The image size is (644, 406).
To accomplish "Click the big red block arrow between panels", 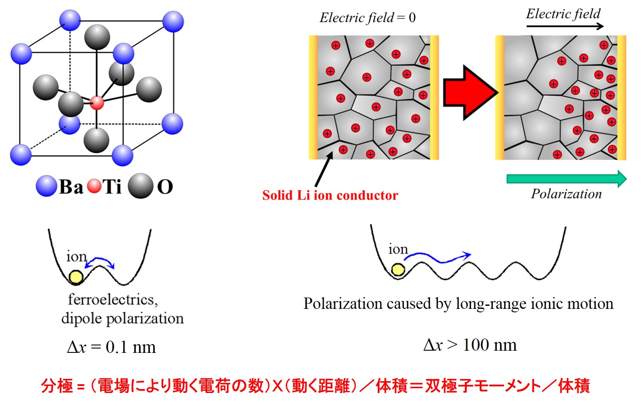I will click(468, 92).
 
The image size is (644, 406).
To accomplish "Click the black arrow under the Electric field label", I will click(565, 26).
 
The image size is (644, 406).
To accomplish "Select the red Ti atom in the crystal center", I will click(97, 103).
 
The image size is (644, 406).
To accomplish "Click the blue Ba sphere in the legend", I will click(46, 186).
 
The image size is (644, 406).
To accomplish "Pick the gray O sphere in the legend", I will click(141, 186).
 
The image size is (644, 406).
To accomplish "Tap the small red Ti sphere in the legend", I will click(94, 187).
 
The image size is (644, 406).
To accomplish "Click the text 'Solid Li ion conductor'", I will click(330, 195).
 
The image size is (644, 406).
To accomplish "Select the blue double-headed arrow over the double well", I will click(100, 262).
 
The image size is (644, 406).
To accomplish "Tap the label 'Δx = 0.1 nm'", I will click(112, 347).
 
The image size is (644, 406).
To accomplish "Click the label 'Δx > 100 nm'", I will click(470, 345).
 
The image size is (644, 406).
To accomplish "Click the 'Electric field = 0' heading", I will click(367, 18).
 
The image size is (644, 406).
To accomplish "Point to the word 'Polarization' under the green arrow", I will click(566, 194).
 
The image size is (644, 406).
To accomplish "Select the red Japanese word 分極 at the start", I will click(57, 386).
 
